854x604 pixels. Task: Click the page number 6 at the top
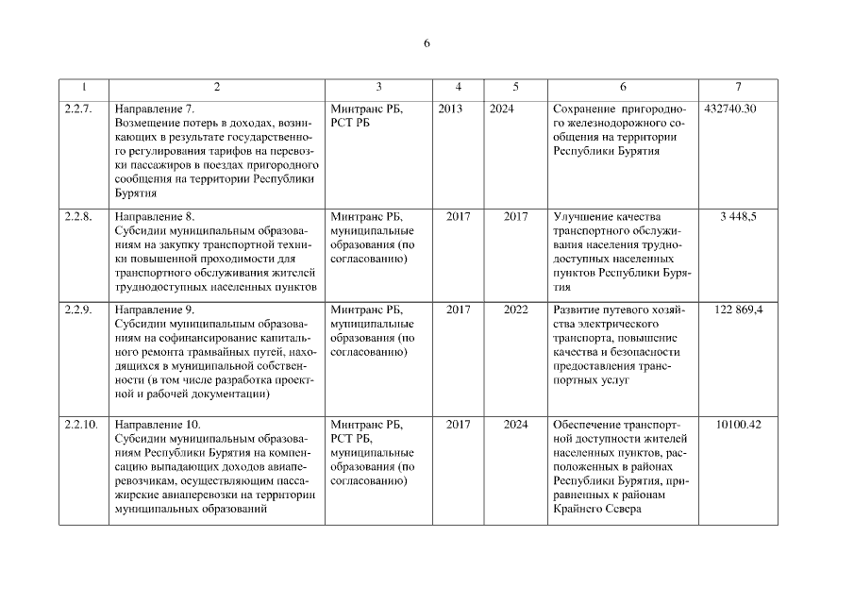(x=427, y=43)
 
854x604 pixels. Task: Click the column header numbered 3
(x=378, y=87)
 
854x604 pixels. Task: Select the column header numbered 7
(x=737, y=87)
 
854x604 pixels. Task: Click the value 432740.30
(x=730, y=109)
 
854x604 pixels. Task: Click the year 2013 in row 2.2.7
(x=450, y=109)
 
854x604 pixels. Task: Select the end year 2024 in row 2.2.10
(x=515, y=425)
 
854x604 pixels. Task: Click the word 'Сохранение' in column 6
(x=584, y=109)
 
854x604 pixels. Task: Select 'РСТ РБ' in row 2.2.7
(x=349, y=123)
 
